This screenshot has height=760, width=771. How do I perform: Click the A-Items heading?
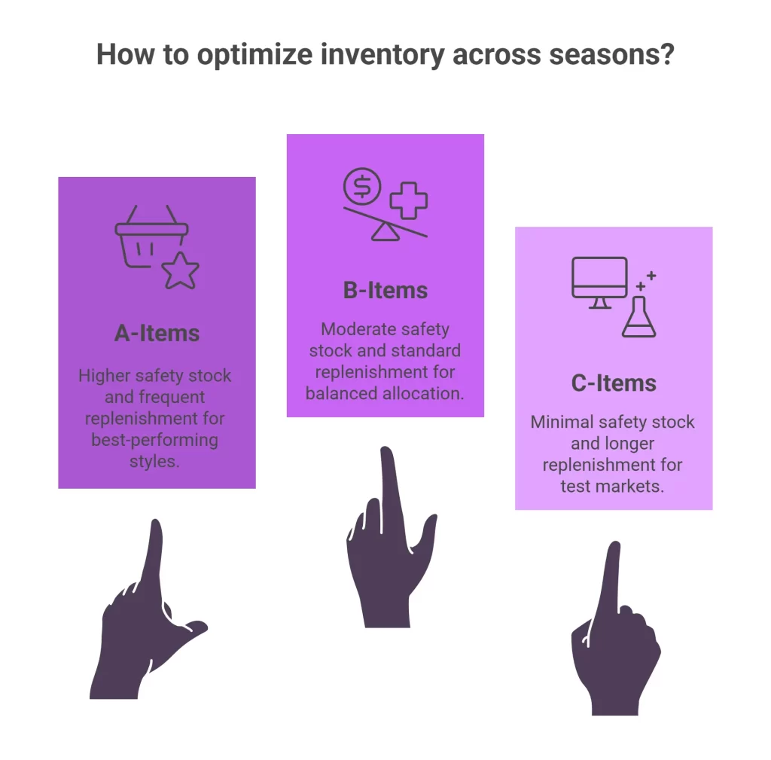click(x=157, y=333)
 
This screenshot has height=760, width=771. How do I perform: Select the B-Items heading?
click(x=385, y=290)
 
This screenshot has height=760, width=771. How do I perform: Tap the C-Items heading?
click(x=614, y=383)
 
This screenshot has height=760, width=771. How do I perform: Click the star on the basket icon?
click(x=181, y=271)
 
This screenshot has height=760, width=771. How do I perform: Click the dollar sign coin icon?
click(x=362, y=186)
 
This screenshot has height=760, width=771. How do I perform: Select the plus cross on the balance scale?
click(x=409, y=200)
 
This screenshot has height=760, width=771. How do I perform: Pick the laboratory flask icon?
click(x=638, y=316)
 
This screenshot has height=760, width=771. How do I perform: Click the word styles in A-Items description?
click(x=154, y=460)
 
